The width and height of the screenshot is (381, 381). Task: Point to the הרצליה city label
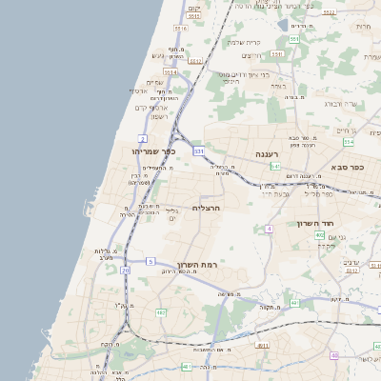click(x=206, y=207)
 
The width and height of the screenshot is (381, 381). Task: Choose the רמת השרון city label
click(x=196, y=264)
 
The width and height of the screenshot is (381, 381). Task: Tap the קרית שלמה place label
click(x=244, y=42)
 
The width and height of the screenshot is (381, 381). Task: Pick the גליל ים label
click(x=171, y=214)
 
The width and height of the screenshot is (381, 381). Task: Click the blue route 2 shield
click(x=142, y=139)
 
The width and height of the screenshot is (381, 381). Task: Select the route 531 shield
click(x=198, y=150)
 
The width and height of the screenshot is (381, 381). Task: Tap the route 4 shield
click(x=270, y=230)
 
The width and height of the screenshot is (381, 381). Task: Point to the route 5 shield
click(x=150, y=261)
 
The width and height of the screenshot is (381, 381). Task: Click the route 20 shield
click(x=125, y=271)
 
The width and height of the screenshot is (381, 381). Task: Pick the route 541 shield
click(x=274, y=166)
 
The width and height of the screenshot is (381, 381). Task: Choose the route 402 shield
click(x=319, y=234)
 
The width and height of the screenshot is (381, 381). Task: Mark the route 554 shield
click(x=349, y=142)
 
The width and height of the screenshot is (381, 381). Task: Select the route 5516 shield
click(x=181, y=29)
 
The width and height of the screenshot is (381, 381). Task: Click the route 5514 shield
click(x=170, y=71)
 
